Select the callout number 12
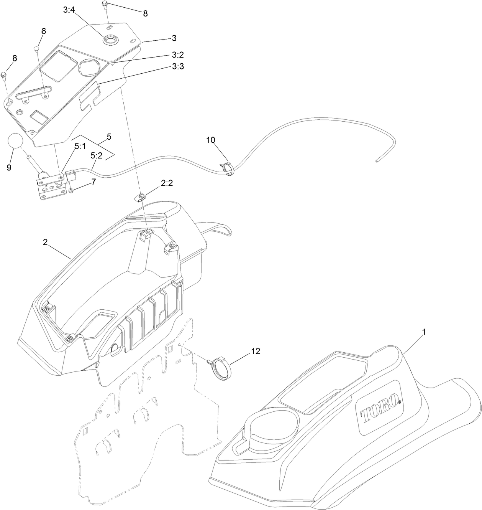[255, 351]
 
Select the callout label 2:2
[167, 183]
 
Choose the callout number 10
[211, 140]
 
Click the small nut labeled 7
[72, 190]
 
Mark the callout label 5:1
[80, 146]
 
